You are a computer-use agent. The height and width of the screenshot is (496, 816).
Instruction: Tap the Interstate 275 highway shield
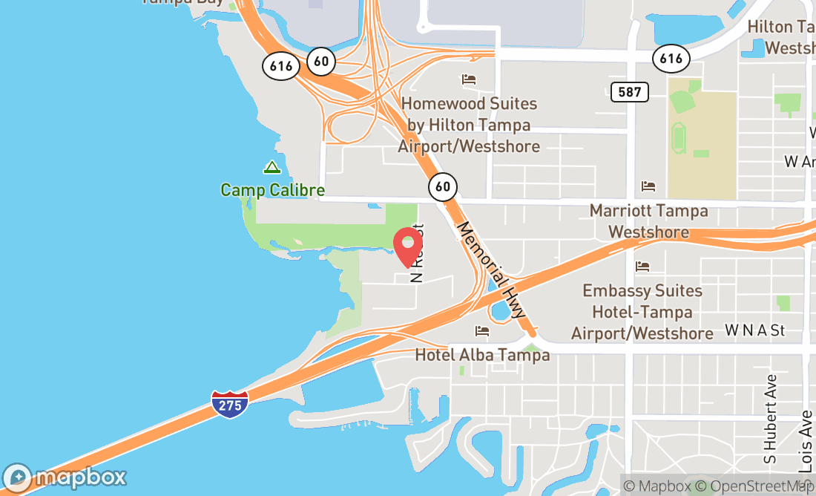[x=229, y=404]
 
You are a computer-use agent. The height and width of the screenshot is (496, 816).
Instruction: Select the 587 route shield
[x=630, y=92]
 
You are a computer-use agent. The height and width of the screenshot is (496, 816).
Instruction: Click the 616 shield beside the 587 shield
[x=671, y=59]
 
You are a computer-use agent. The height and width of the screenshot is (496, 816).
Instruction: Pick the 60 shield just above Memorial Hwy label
[x=443, y=186]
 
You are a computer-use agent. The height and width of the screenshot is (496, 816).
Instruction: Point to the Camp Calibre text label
[x=272, y=190]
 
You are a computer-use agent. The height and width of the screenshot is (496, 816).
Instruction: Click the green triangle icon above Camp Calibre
[x=272, y=168]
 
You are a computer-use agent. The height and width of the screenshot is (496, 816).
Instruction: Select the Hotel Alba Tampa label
[x=482, y=355]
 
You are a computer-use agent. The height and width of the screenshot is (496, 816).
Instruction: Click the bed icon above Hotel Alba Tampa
[x=482, y=330]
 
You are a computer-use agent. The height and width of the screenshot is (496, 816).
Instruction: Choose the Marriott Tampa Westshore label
[x=648, y=221]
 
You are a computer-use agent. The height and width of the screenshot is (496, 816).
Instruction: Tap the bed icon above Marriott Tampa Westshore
[x=648, y=186]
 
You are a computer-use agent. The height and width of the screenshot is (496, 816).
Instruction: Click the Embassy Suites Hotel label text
[x=642, y=312]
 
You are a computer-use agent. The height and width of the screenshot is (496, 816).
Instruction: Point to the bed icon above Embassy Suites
[x=642, y=266]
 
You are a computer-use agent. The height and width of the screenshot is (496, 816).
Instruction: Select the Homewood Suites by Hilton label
[x=469, y=125]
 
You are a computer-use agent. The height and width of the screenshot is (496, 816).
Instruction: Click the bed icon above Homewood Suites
[x=468, y=79]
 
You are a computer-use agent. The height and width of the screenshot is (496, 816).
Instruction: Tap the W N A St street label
[x=754, y=330]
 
